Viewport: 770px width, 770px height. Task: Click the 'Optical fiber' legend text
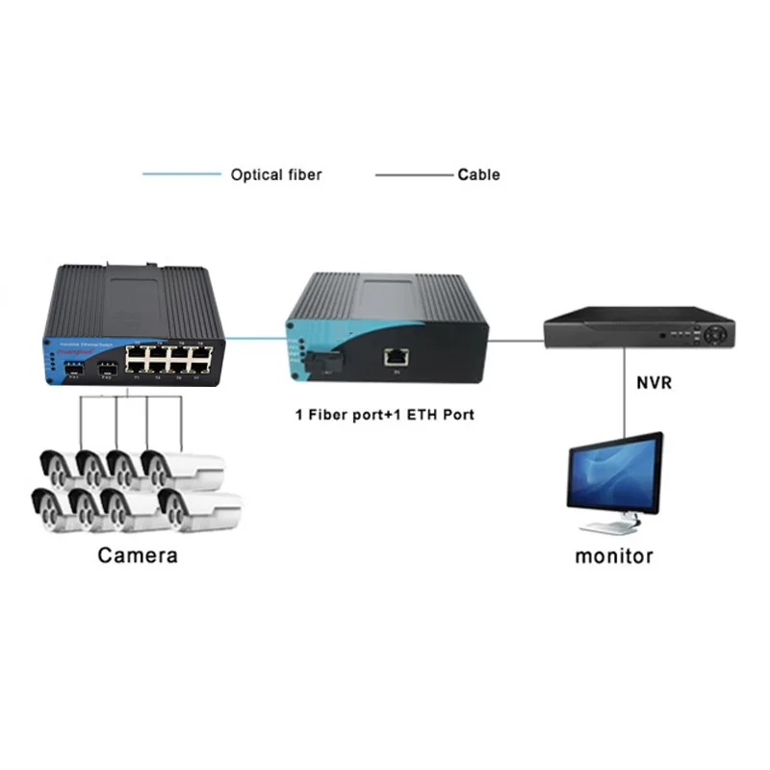[275, 174]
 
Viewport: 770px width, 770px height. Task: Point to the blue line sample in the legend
[181, 174]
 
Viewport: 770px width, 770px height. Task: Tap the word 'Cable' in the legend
[478, 174]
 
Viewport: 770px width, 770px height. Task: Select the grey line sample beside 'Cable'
[413, 174]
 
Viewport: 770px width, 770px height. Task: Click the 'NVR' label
[654, 382]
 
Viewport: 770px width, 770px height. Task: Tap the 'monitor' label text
[614, 555]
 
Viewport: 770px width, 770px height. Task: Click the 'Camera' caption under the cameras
[138, 555]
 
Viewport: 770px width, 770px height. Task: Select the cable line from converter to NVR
[516, 339]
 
